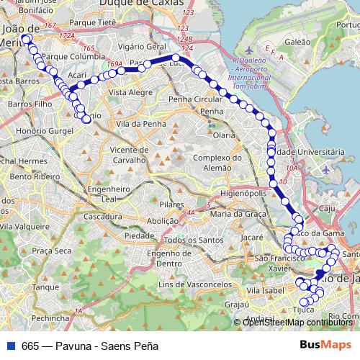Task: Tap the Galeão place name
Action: pyautogui.click(x=297, y=42)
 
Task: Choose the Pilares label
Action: pyautogui.click(x=168, y=205)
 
